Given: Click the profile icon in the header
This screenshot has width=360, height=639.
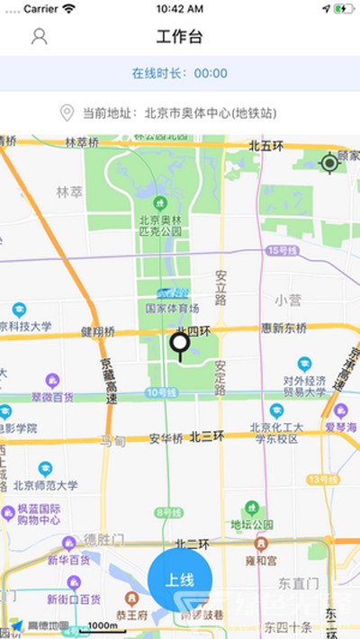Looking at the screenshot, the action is coord(39,37).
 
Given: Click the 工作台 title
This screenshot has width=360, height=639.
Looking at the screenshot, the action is coord(180,37).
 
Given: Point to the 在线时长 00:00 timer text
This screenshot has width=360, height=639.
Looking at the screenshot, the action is coord(180,73).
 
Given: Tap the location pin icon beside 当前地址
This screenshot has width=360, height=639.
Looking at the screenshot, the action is coord(67,113).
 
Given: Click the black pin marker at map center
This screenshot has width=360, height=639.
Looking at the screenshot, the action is coord(180,344).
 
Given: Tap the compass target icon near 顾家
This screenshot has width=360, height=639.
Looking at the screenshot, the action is coord(329,163).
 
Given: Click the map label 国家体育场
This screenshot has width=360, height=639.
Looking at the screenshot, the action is coord(173,308).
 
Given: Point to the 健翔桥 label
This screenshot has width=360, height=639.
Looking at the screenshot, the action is coord(97,331).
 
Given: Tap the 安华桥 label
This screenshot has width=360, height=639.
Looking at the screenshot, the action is coord(166,439).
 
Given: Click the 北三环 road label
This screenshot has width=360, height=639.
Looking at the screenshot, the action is coord(207,437).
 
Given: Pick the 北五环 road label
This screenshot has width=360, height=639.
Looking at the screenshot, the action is coord(266,146).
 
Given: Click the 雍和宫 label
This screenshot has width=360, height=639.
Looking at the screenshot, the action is coord(261,559).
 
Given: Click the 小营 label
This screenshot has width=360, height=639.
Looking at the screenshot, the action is coord(288,300).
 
